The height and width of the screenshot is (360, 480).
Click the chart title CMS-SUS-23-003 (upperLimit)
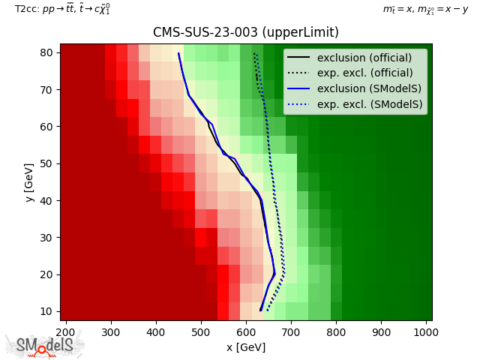[x=246, y=32]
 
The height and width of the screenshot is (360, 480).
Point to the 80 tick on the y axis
[x=46, y=53]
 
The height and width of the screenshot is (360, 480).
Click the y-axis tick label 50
[x=46, y=163]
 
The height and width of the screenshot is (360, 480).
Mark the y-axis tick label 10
[x=46, y=312]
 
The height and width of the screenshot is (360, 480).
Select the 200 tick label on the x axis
[x=66, y=332]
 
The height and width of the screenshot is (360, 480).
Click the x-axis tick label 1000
[x=426, y=332]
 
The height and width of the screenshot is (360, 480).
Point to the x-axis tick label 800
[x=336, y=332]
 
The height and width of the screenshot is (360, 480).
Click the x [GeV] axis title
[x=246, y=347]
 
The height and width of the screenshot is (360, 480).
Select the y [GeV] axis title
[x=29, y=182]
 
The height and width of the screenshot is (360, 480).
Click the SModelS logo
[x=44, y=345]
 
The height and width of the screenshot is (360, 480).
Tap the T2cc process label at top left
[x=62, y=9]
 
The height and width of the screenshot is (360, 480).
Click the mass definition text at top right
[x=425, y=10]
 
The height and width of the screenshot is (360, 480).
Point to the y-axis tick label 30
[x=46, y=238]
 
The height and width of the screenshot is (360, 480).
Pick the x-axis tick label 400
[x=156, y=332]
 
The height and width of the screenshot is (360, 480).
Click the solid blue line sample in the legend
[x=298, y=88]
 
